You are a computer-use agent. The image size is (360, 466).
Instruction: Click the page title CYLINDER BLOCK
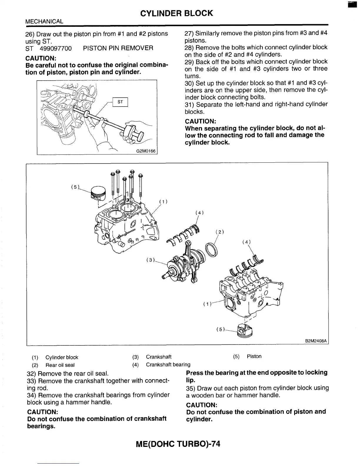pyautogui.click(x=176, y=13)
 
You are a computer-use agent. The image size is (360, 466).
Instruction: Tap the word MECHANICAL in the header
pyautogui.click(x=44, y=21)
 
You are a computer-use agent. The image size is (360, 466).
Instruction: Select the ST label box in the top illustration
pyautogui.click(x=120, y=102)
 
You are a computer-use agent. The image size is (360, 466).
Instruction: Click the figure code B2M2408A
pyautogui.click(x=316, y=341)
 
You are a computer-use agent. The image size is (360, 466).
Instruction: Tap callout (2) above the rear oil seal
pyautogui.click(x=220, y=232)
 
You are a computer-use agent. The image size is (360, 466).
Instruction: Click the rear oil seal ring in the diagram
pyautogui.click(x=211, y=249)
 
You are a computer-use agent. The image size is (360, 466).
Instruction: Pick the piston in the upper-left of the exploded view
pyautogui.click(x=98, y=193)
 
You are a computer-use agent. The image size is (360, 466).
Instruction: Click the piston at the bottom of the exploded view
pyautogui.click(x=246, y=331)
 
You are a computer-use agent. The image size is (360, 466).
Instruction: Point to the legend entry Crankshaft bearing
pyautogui.click(x=168, y=365)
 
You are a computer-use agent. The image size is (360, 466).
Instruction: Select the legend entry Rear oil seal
pyautogui.click(x=60, y=365)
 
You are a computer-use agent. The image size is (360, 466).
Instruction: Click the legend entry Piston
pyautogui.click(x=254, y=357)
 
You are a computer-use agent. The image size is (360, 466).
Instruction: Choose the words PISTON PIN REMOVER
pyautogui.click(x=118, y=48)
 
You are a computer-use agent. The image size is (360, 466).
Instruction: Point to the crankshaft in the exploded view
pyautogui.click(x=185, y=265)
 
